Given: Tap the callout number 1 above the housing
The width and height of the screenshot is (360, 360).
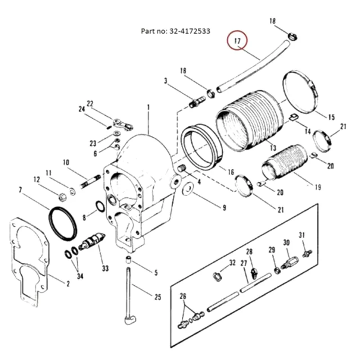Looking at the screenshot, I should [x=148, y=107].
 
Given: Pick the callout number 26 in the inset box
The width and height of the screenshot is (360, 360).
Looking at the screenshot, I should [x=182, y=296].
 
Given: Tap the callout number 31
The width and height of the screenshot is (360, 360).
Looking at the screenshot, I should [x=302, y=235].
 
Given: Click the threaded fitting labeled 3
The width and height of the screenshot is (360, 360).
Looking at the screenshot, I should [x=195, y=103].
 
